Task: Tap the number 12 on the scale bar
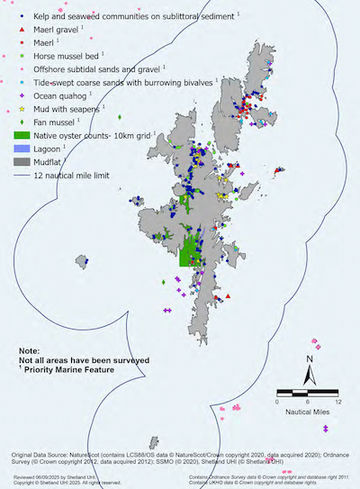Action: [337, 402]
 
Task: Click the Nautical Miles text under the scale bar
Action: [306, 412]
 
